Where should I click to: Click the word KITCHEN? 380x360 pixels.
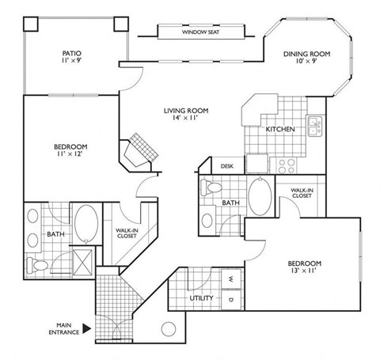280,128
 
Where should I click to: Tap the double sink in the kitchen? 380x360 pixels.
314,124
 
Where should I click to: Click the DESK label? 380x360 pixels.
227,167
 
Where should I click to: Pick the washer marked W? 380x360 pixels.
230,279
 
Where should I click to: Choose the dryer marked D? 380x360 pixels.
230,300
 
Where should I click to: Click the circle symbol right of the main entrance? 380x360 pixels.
168,331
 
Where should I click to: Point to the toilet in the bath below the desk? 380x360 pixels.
211,189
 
